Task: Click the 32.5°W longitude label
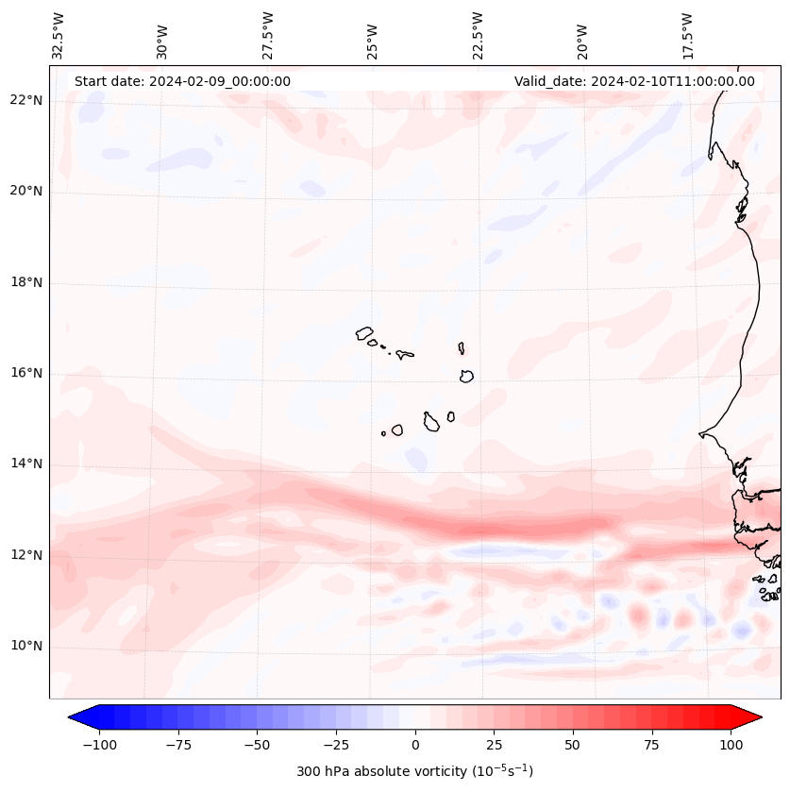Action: (59, 35)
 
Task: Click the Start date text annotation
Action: (182, 81)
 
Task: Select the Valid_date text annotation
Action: (634, 81)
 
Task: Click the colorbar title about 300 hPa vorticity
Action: (414, 771)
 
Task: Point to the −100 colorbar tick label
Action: (96, 745)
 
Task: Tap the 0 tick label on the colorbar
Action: (415, 745)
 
